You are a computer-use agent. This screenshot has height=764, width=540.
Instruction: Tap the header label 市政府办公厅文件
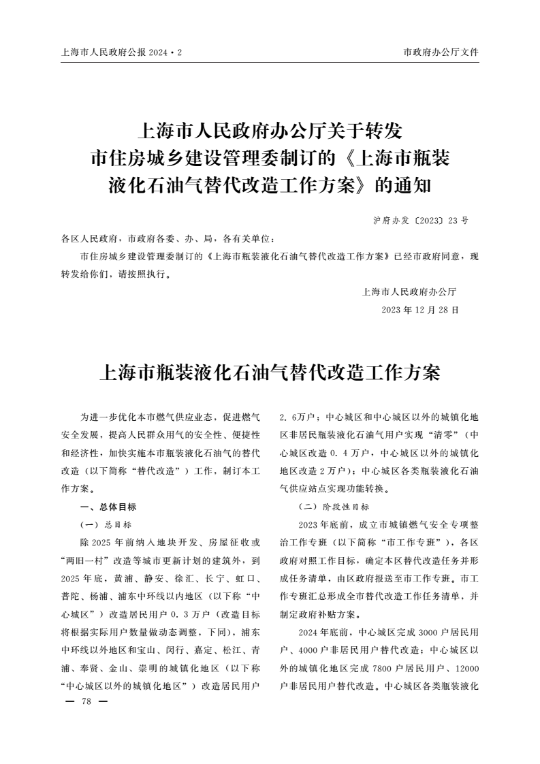point(441,52)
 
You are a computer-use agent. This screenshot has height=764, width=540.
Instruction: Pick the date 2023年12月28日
point(420,309)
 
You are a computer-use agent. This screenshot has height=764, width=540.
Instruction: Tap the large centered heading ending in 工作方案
point(270,372)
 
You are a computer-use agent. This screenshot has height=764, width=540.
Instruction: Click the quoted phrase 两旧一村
point(88,560)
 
